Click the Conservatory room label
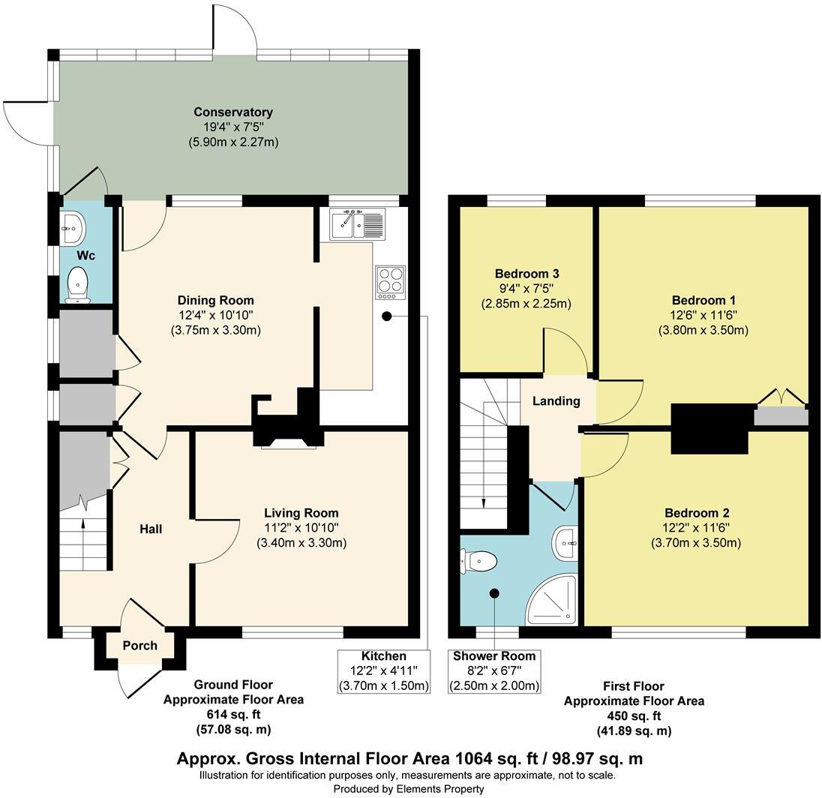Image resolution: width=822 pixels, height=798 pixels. (232, 112)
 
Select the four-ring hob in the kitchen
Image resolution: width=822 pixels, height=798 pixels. (390, 281)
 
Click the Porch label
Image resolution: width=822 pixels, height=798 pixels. (140, 646)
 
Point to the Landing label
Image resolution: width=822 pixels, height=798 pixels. (556, 401)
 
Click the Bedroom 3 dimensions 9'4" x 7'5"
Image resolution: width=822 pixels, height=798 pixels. (526, 289)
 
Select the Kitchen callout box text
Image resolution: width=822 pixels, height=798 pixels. (383, 671)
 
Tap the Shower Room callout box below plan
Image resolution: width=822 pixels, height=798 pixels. (494, 671)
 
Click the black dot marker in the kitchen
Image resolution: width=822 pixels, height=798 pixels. (386, 316)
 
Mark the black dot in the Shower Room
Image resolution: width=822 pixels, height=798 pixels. (494, 593)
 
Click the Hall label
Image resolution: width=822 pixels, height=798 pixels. (151, 529)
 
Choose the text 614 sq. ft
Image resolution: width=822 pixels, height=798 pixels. (233, 715)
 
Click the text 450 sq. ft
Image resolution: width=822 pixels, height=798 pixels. (634, 716)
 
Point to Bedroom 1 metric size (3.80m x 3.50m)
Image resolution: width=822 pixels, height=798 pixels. (703, 330)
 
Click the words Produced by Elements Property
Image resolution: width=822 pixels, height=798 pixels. (409, 789)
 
